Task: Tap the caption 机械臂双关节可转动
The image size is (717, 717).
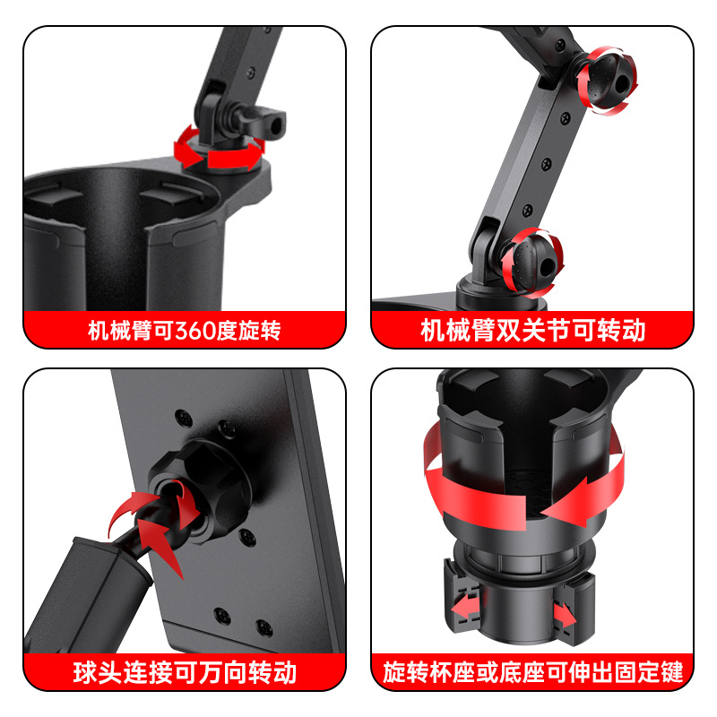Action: click(x=532, y=330)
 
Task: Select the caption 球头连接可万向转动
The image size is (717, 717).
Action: click(x=186, y=672)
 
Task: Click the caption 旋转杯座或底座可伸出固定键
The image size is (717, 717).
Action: click(x=532, y=672)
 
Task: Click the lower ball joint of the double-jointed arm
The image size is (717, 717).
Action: click(x=533, y=263)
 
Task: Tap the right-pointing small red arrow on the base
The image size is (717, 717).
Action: click(x=566, y=616)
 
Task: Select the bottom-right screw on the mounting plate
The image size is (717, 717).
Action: click(x=263, y=627)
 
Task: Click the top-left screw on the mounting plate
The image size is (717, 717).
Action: click(x=184, y=417)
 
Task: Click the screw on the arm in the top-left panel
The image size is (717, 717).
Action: click(x=251, y=73)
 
